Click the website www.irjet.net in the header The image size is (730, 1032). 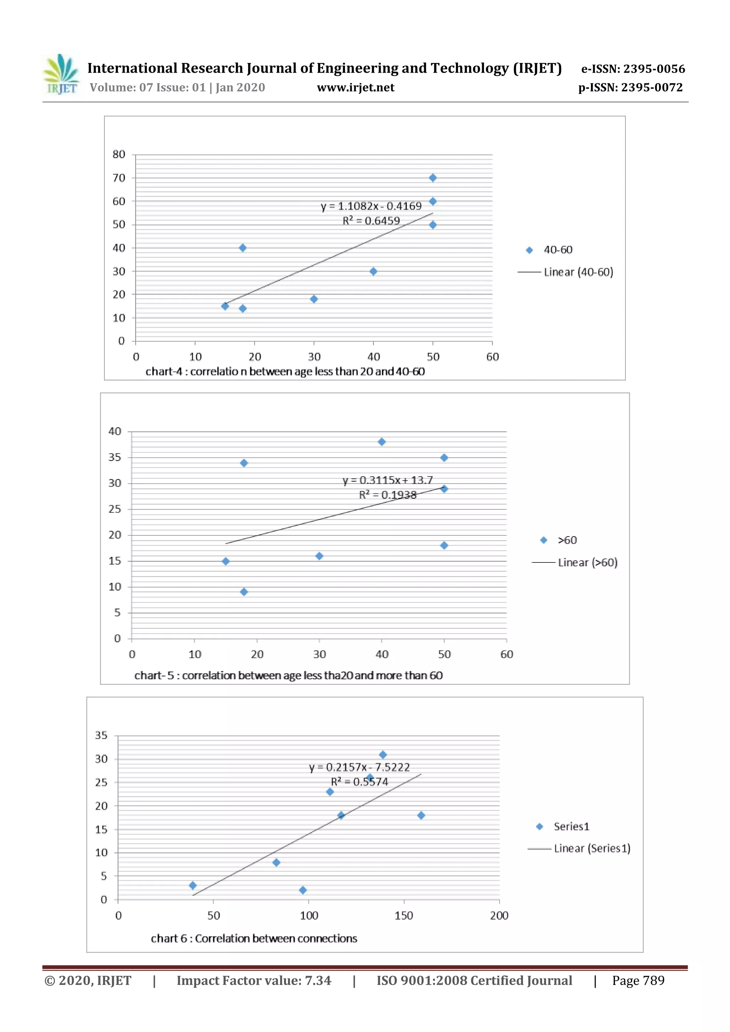coord(355,88)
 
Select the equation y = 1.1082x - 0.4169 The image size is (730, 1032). coord(371,206)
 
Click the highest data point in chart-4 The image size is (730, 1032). coord(433,178)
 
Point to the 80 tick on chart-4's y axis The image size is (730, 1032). coord(119,154)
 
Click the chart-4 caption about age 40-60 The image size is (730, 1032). coord(285,371)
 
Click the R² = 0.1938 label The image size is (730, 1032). coord(387,495)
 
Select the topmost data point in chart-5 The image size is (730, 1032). coord(381,442)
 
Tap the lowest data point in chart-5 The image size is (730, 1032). coord(244,592)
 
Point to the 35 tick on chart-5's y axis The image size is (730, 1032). coord(115,457)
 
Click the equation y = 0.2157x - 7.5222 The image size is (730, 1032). coord(359,767)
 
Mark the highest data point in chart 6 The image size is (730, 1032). coord(383,754)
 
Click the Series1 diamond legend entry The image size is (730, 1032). coord(563,826)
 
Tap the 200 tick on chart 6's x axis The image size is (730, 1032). coord(499,916)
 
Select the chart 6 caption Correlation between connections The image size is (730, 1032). coord(254,939)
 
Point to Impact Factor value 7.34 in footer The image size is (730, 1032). coord(254,980)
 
